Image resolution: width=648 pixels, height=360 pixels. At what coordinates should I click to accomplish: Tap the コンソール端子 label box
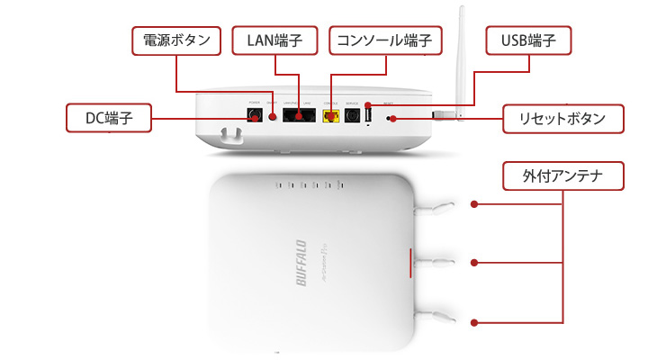pyautogui.click(x=385, y=40)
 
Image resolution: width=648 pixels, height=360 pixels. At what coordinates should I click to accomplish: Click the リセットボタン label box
pyautogui.click(x=563, y=117)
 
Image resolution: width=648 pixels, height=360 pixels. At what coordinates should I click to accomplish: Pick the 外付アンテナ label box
pyautogui.click(x=563, y=176)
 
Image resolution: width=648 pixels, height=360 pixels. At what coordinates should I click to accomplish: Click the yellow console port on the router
pyautogui.click(x=331, y=116)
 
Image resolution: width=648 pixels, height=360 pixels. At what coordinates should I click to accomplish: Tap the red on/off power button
pyautogui.click(x=273, y=117)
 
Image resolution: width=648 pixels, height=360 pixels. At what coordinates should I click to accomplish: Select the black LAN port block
pyautogui.click(x=297, y=115)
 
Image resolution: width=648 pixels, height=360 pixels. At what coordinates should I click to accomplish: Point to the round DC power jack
pyautogui.click(x=254, y=115)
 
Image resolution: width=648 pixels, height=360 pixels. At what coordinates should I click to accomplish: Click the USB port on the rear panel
pyautogui.click(x=368, y=114)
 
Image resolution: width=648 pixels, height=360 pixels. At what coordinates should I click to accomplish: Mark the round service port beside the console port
pyautogui.click(x=350, y=115)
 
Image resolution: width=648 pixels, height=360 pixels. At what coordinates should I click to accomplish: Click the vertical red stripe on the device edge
pyautogui.click(x=412, y=262)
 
